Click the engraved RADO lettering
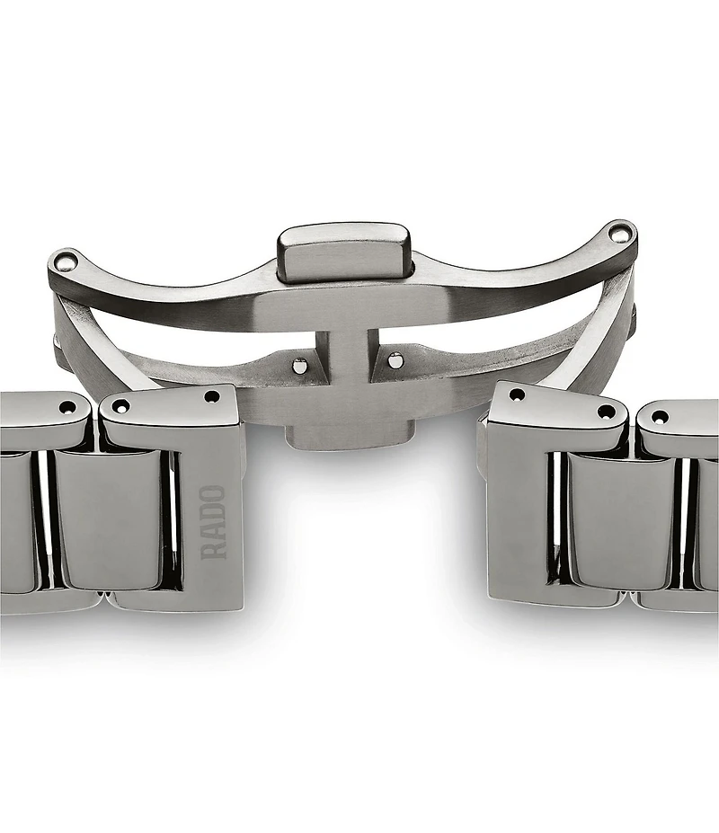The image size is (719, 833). click(213, 522)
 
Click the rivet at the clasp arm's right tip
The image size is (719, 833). click(618, 232)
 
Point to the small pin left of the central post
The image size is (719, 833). click(300, 365)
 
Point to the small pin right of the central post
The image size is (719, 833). click(395, 360)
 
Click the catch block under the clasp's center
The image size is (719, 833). click(349, 436)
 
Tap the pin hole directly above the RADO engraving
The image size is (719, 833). click(212, 396)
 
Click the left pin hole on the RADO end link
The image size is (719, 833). click(121, 406)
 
